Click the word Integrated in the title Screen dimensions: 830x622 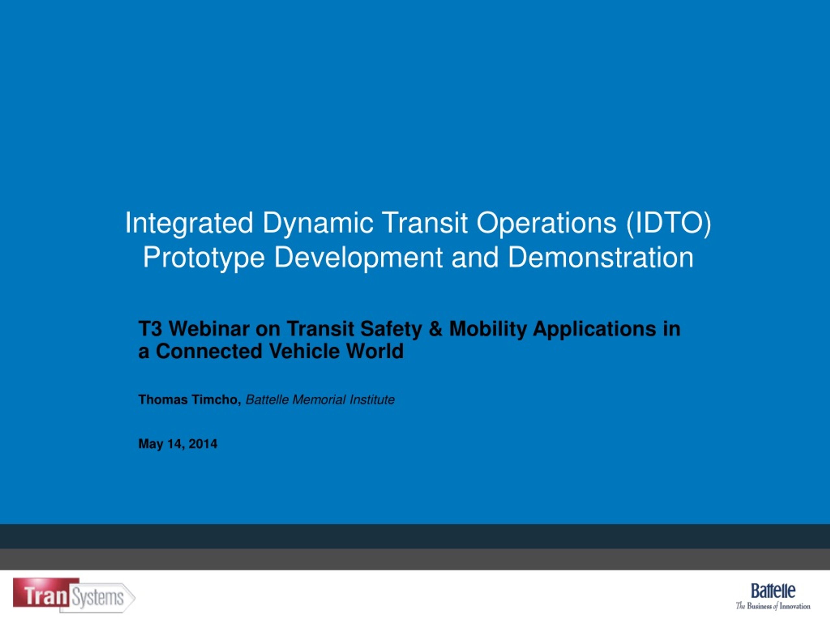pyautogui.click(x=189, y=224)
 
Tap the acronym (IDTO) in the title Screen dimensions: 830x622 pyautogui.click(x=668, y=224)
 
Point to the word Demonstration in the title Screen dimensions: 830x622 pyautogui.click(x=600, y=257)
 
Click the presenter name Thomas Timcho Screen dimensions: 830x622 pyautogui.click(x=189, y=400)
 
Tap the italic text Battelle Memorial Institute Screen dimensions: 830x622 pyautogui.click(x=320, y=400)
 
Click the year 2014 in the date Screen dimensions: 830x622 pyautogui.click(x=203, y=444)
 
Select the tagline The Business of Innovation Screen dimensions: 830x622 pyautogui.click(x=773, y=606)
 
